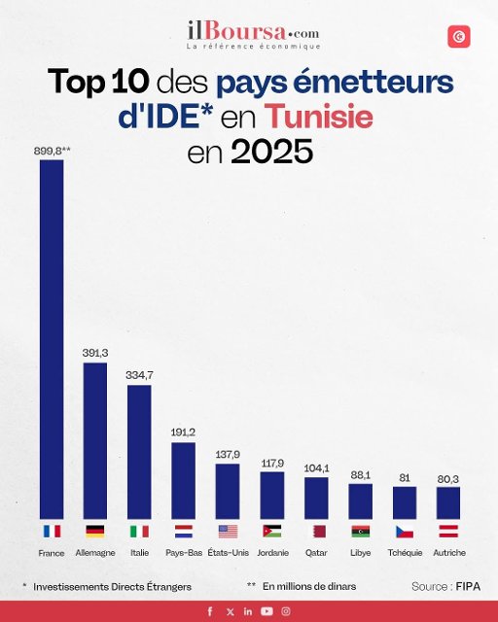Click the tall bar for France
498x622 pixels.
tap(52, 339)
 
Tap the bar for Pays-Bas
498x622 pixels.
tap(183, 480)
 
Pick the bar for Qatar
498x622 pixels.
tap(316, 498)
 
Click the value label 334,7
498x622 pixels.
tap(139, 374)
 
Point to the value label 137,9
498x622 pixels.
tap(228, 454)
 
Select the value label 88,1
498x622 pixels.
tap(361, 474)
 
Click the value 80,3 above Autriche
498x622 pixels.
tap(448, 478)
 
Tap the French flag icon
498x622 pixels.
tap(52, 532)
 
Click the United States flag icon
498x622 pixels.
tap(228, 532)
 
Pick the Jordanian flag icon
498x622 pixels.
tap(272, 532)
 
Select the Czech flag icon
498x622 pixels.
tap(405, 532)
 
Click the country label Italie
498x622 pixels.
tap(139, 553)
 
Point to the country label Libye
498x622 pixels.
tap(361, 553)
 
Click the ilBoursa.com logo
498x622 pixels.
tap(253, 34)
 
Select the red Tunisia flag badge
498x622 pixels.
tap(459, 37)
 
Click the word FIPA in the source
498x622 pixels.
tap(468, 587)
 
